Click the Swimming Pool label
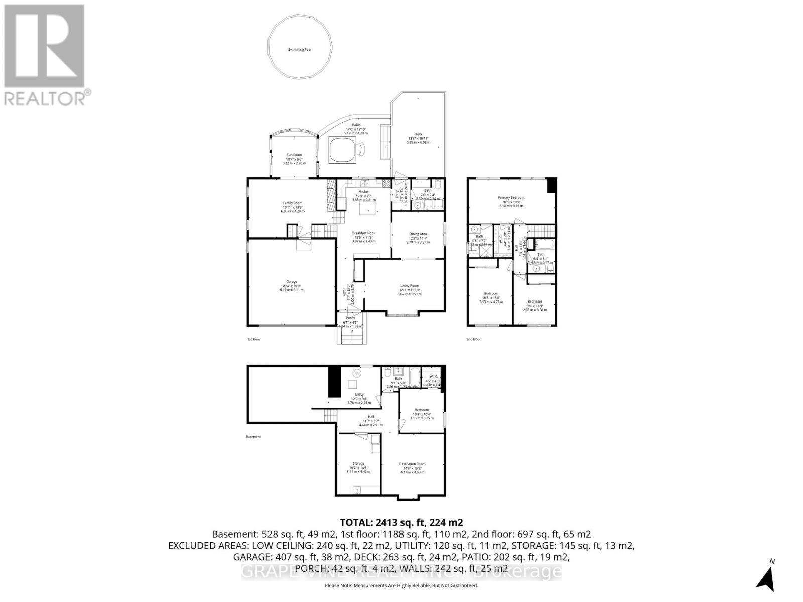tap(300, 50)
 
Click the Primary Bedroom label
tap(511, 198)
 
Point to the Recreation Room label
tap(412, 464)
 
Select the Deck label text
tap(418, 134)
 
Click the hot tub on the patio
tap(343, 150)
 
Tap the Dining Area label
tap(418, 234)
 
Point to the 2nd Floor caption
tap(473, 339)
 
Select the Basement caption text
tap(253, 437)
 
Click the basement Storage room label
tap(358, 464)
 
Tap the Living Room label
tap(410, 286)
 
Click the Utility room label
tap(359, 395)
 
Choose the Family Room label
tap(292, 203)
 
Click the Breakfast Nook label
tap(364, 233)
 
